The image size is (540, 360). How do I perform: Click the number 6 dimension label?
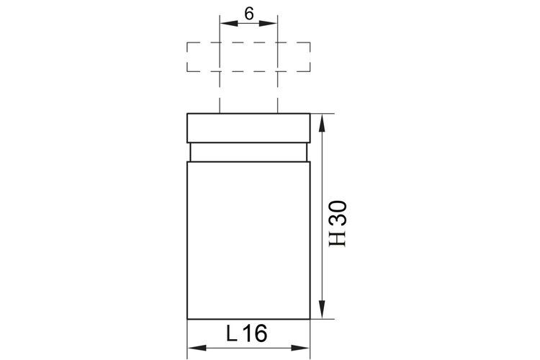pos(248,14)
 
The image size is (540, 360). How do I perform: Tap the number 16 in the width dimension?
pos(255,333)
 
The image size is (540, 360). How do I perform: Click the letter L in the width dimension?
pos(231,333)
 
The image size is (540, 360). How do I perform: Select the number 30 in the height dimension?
pos(338,213)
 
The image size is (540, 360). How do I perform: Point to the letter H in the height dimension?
pos(338,238)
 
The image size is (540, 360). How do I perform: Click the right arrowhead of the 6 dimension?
pos(268,23)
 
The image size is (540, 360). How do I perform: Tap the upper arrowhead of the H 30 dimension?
pos(322,122)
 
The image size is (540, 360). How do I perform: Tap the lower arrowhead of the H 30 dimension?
pos(322,310)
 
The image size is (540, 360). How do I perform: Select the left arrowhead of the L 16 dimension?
pos(197,348)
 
